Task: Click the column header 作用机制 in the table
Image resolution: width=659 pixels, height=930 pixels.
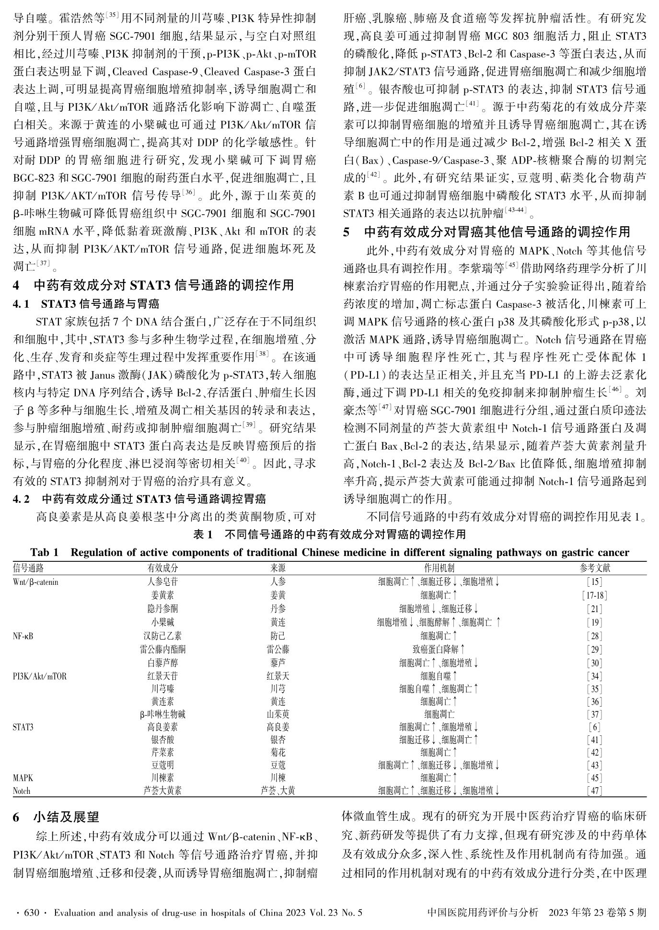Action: [x=439, y=568]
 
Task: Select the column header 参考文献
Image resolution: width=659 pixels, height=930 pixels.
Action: [x=595, y=568]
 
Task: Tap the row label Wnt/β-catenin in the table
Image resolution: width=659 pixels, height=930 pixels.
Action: [x=35, y=582]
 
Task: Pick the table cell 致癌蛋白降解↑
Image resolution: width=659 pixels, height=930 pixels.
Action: [x=439, y=650]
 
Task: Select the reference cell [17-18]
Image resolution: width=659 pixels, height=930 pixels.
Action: [x=595, y=595]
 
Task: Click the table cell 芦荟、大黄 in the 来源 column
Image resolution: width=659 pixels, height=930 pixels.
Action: [x=278, y=790]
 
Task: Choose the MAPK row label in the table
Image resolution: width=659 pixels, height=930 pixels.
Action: [x=23, y=778]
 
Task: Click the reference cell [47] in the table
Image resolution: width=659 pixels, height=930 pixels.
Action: [x=595, y=790]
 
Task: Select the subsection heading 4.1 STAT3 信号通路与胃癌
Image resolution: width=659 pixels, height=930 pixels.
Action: [x=86, y=303]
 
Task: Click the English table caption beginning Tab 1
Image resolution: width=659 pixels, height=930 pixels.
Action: [x=329, y=552]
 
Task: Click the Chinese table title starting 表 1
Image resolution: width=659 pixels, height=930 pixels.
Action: [x=329, y=534]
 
